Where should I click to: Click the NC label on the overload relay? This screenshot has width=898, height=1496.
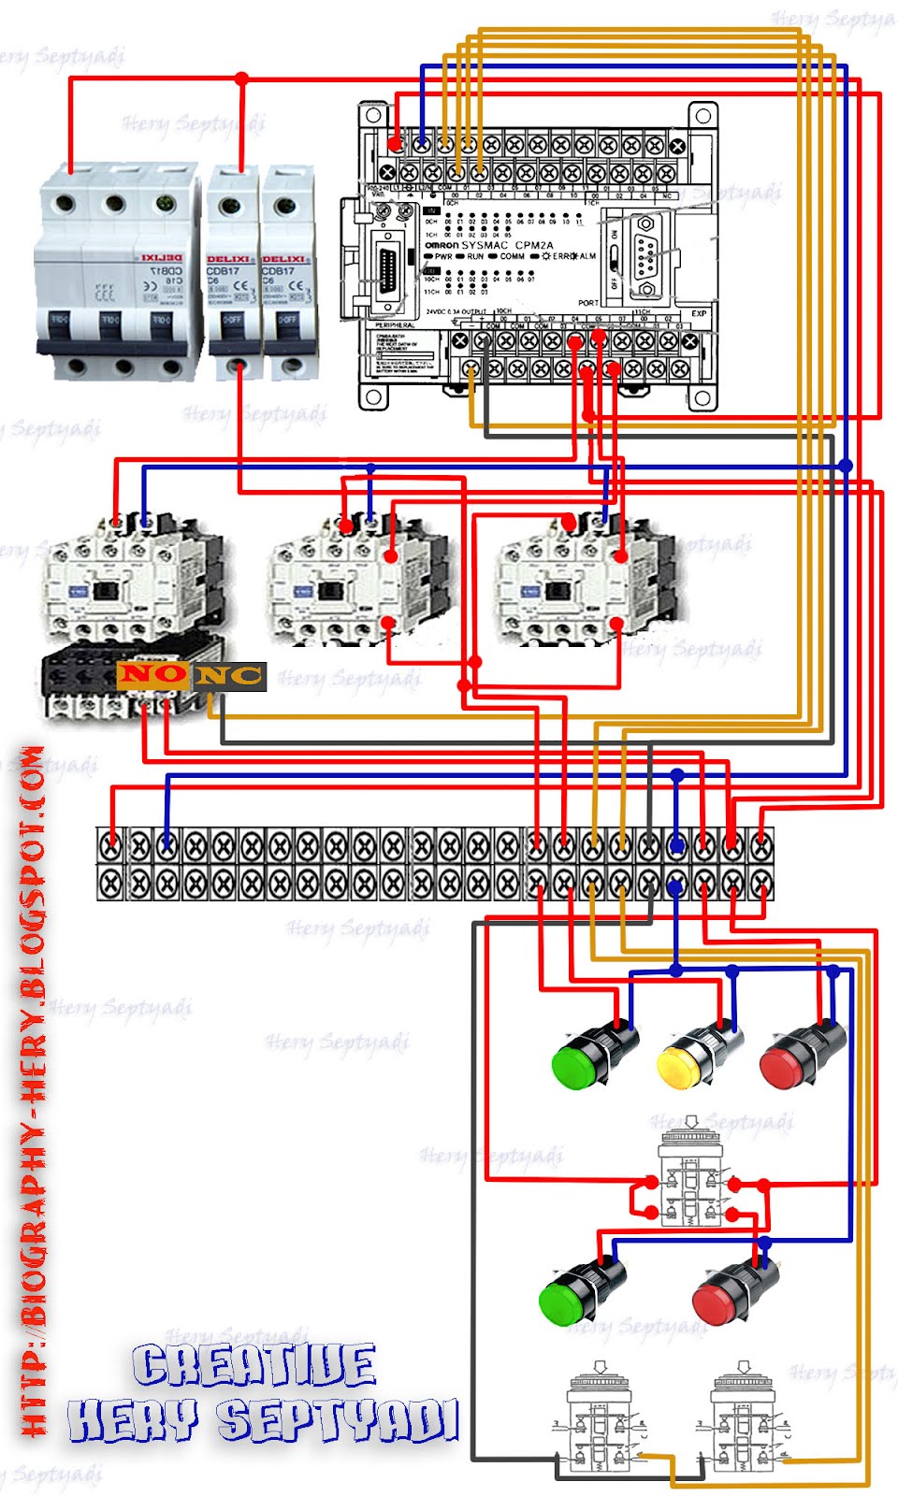[229, 675]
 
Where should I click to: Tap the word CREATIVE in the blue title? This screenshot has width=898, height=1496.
[254, 1366]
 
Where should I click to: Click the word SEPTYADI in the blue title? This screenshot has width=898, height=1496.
[339, 1421]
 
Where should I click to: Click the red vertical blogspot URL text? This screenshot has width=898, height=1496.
[33, 1089]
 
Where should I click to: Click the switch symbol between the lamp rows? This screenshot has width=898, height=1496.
[690, 1173]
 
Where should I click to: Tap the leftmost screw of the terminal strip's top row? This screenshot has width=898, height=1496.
[110, 847]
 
